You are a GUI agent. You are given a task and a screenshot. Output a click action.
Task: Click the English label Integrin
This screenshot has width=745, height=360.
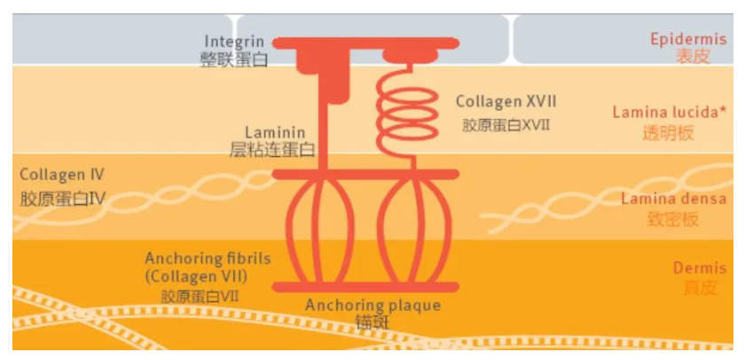pos(234,42)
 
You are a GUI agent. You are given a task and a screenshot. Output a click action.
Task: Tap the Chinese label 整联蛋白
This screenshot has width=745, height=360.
pos(234,59)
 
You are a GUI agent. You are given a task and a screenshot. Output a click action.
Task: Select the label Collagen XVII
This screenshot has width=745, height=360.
pos(506,101)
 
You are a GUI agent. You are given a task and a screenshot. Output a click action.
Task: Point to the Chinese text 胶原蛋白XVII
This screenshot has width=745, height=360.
pos(506,125)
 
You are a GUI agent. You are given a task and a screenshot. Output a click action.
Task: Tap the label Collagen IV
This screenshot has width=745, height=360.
pos(62,175)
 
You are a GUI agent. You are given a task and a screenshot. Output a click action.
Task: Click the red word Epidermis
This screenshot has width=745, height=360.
pos(688,39)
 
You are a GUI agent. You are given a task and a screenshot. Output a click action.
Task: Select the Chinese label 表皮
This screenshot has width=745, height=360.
pos(694,57)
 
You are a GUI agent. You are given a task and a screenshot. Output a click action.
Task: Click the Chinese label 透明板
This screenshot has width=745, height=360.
pos(669,133)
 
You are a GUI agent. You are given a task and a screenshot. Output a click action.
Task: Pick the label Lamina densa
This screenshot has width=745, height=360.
pos(674,199)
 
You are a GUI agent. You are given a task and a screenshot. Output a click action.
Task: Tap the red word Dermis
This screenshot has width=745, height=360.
pos(700,269)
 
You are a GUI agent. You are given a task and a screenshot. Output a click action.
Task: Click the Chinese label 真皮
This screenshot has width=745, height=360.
pos(701,287)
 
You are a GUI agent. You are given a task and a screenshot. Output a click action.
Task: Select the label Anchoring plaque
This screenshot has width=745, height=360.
pos(373,305)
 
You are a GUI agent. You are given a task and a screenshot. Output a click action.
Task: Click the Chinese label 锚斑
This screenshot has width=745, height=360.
pos(372,323)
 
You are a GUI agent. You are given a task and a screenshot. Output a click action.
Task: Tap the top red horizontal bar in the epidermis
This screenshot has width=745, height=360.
pos(365,43)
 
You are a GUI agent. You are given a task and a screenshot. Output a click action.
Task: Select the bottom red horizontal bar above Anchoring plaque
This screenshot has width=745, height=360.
pos(365,287)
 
